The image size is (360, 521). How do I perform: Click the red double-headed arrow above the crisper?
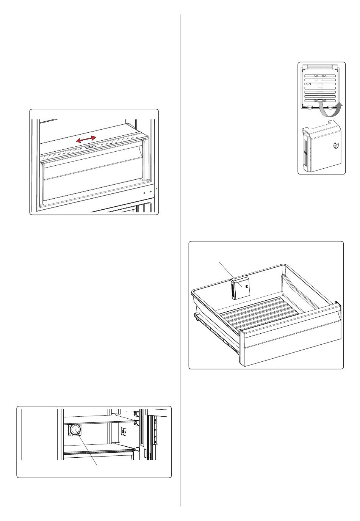tap(86, 139)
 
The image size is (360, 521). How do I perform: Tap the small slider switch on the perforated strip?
tap(89, 148)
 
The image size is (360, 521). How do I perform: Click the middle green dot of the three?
tap(151, 191)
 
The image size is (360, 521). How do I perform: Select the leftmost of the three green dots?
tap(144, 193)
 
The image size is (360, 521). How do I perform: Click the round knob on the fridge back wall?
tap(75, 430)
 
